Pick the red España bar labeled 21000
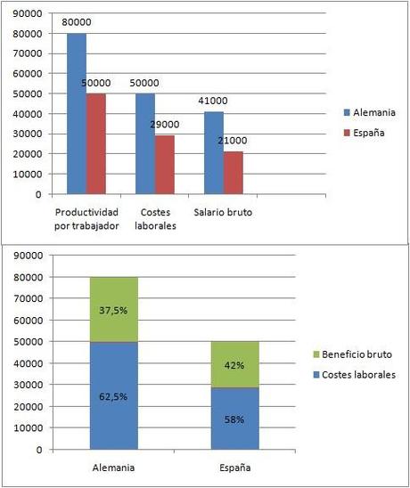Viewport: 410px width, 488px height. [x=233, y=173]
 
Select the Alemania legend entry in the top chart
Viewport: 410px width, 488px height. [x=370, y=113]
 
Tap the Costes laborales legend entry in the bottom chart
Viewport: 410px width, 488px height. [x=357, y=375]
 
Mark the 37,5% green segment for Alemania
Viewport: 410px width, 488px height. [x=114, y=309]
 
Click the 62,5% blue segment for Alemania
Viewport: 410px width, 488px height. [x=114, y=395]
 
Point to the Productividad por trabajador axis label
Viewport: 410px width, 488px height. [x=87, y=220]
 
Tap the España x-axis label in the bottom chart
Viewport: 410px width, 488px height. [x=235, y=467]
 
